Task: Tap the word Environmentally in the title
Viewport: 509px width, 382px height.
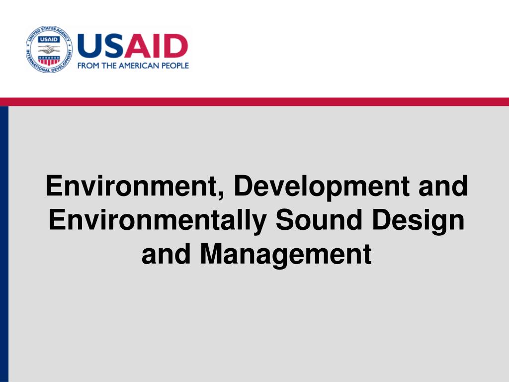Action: (x=158, y=220)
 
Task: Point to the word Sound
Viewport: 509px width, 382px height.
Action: (x=319, y=220)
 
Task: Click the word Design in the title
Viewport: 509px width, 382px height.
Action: (x=418, y=221)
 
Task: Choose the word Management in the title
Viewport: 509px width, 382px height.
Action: (x=286, y=254)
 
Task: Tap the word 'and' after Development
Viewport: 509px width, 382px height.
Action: (x=443, y=186)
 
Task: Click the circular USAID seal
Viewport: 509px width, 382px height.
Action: (x=49, y=49)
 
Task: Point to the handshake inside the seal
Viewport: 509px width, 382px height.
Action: (x=49, y=50)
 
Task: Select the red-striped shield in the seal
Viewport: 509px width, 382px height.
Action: (x=49, y=60)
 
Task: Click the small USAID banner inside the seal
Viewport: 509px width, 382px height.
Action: (x=49, y=40)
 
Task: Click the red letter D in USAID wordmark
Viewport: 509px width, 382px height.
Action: (x=175, y=46)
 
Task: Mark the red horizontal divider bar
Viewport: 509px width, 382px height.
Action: (x=254, y=101)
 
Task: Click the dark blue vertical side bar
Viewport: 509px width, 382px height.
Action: (x=4, y=244)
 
